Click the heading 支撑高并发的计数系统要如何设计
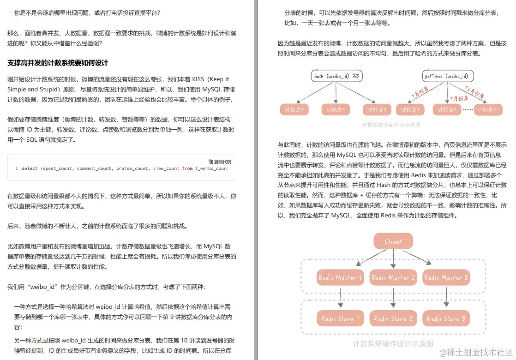[58, 62]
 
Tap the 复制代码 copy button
[220, 162]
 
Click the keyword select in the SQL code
[30, 168]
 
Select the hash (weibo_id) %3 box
[336, 76]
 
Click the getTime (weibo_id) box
[447, 76]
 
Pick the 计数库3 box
[378, 110]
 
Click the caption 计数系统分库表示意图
[391, 125]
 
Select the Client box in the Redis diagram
[393, 241]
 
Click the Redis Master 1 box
[340, 278]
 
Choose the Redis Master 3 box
[446, 278]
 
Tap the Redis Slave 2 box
[393, 318]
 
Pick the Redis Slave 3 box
[446, 318]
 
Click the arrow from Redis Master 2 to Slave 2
[393, 298]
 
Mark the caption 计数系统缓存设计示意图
[393, 343]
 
